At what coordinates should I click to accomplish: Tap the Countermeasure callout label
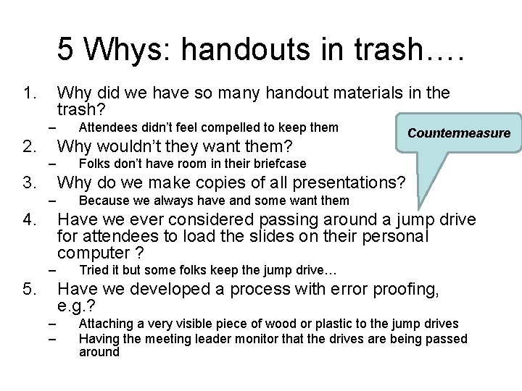459,133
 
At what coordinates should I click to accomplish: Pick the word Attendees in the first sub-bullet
107,127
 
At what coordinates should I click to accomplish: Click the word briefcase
281,164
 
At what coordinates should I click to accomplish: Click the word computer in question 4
89,253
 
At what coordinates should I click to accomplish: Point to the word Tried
93,271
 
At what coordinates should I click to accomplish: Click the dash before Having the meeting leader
52,338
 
